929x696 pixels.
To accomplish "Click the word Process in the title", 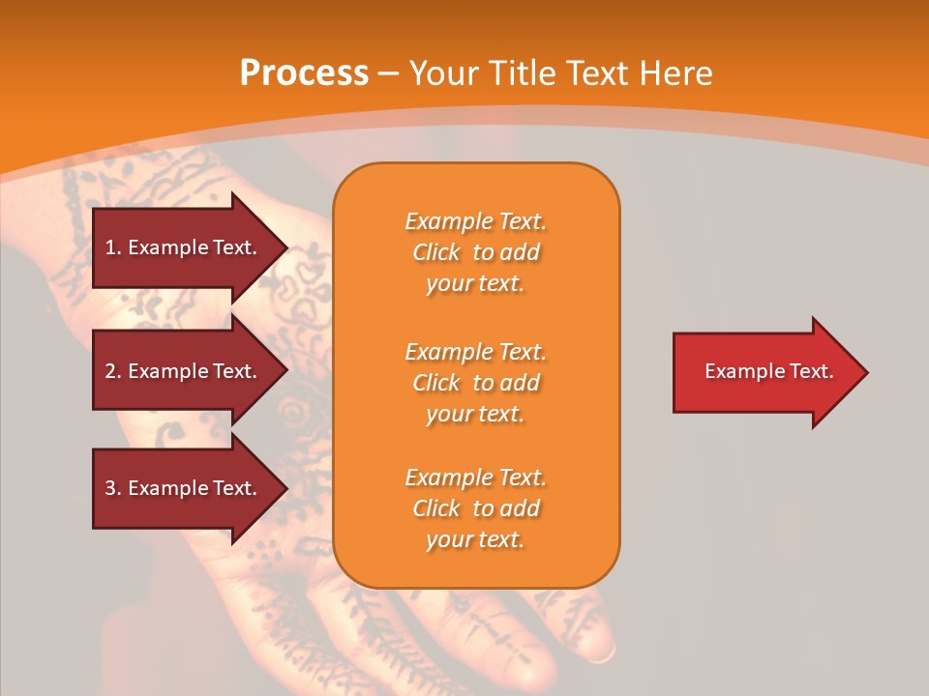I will [304, 72].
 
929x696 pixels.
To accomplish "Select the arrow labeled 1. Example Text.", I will [184, 247].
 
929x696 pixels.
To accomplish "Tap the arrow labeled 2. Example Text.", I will [184, 371].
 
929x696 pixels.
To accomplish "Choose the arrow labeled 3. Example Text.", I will [184, 488].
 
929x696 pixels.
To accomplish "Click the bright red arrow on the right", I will [764, 372].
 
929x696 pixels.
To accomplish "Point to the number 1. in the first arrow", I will [113, 247].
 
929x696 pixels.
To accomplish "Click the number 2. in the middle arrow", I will [113, 371].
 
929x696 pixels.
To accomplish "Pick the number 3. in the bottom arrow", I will [113, 488].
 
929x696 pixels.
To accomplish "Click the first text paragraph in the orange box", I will [475, 252].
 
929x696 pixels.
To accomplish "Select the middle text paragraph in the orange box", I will [475, 383].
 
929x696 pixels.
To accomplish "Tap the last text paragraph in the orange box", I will [475, 508].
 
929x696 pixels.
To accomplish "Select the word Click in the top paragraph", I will [436, 252].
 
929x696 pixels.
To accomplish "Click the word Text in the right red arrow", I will [811, 371].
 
